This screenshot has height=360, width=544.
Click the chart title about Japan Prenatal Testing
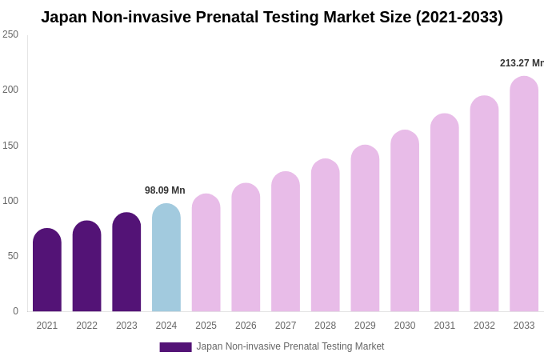tap(272, 17)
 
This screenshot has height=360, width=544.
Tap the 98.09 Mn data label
tap(165, 190)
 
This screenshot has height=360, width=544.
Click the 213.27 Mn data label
tap(522, 63)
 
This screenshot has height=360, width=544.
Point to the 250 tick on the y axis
tap(10, 34)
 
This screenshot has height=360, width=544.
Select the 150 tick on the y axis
tap(10, 146)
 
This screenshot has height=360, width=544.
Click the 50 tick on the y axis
tap(13, 256)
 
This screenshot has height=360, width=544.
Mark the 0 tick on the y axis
tap(15, 311)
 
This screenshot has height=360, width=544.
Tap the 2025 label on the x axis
tap(206, 326)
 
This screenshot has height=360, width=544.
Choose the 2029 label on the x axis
tap(365, 326)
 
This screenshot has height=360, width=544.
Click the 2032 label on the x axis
tap(484, 326)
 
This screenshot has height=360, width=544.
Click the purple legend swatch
tap(175, 347)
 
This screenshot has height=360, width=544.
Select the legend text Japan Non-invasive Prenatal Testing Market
tap(290, 346)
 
